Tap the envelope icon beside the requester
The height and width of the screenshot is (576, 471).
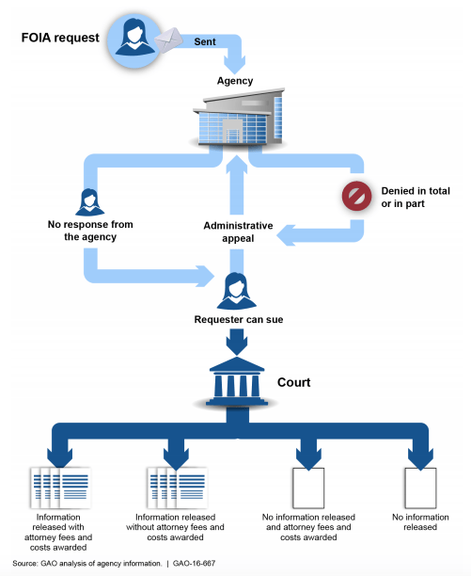point(169,40)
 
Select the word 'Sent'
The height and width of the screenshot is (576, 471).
point(205,42)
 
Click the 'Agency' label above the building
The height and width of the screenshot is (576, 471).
point(235,81)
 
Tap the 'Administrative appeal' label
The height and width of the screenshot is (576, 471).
point(238,232)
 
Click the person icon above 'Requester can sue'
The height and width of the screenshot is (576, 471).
point(236,289)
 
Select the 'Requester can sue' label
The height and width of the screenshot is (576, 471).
point(237,319)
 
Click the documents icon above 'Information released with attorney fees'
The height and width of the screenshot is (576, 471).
point(55,487)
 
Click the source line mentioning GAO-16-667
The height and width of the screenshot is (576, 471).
point(126,562)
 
